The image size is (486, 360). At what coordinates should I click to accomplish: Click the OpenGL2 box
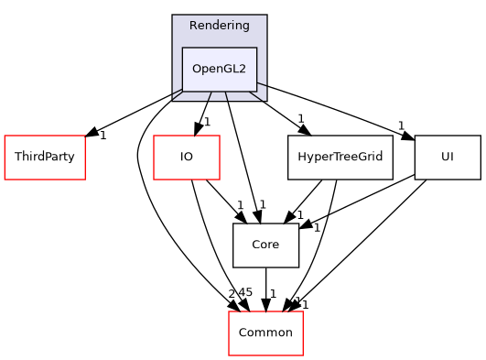coord(219,69)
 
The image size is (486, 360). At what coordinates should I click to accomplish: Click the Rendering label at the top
coord(219,25)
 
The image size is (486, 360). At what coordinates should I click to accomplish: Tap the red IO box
coord(186,158)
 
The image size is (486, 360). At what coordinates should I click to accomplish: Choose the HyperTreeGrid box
coord(340,158)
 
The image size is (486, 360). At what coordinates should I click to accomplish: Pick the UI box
coord(447,158)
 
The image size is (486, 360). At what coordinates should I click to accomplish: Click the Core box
coord(265,245)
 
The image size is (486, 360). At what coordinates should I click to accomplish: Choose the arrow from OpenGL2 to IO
coord(203,112)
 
